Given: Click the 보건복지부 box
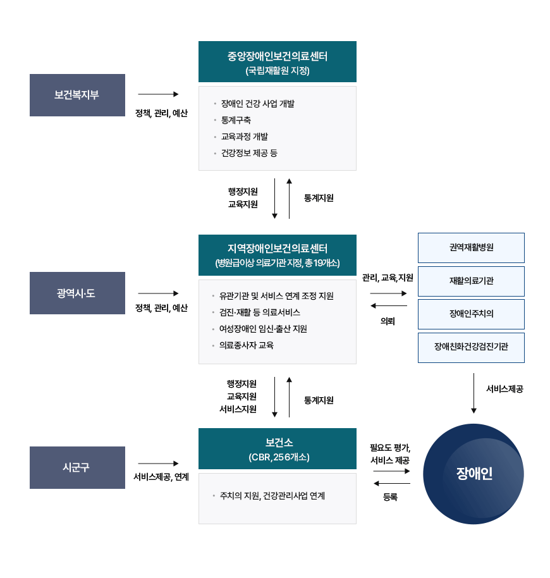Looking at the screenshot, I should [77, 95].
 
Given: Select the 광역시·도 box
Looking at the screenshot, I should [77, 293].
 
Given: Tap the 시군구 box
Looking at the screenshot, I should [77, 467].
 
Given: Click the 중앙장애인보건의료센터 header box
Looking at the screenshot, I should [277, 62].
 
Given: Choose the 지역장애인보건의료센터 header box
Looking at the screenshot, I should [277, 255].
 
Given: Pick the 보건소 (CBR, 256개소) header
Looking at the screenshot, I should [277, 448].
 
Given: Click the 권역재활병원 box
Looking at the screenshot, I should [471, 247].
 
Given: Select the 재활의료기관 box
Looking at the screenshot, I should [471, 281].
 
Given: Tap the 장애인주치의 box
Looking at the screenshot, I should [471, 314].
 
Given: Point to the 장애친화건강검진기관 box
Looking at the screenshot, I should [471, 347].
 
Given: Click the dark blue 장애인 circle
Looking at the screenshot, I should [474, 474].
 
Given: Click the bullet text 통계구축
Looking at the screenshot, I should [236, 120].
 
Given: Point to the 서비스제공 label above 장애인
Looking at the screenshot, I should [504, 390].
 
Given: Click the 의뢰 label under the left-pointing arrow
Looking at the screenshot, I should [388, 321].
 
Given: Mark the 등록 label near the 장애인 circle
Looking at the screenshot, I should [390, 497].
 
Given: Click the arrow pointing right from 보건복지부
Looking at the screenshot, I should [158, 94].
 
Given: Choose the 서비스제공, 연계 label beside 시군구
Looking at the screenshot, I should [161, 477].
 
